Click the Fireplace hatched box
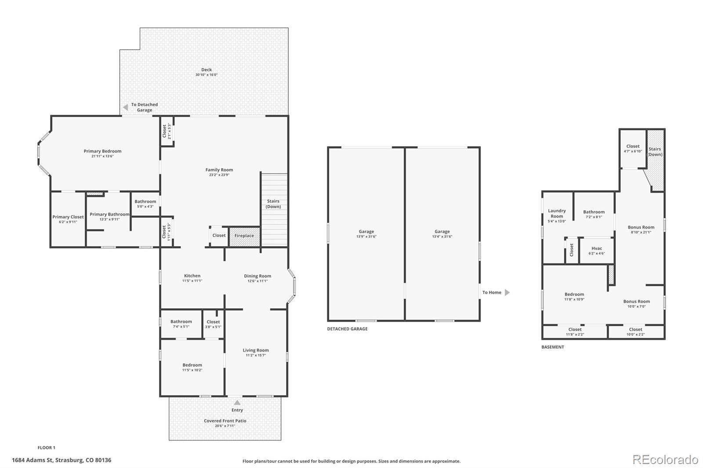(x=244, y=237)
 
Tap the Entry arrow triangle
(x=237, y=403)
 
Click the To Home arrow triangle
(x=507, y=292)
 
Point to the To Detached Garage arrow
(x=126, y=107)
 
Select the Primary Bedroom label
(x=102, y=151)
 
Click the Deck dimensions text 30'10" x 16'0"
(x=207, y=75)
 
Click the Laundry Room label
(x=557, y=213)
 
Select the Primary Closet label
(x=68, y=217)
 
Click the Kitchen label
(x=192, y=276)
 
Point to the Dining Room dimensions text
(x=257, y=281)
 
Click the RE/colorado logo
(x=665, y=460)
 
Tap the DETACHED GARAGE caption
(x=347, y=329)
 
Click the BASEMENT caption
(x=553, y=347)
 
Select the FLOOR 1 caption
(x=47, y=448)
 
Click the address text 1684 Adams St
(x=33, y=460)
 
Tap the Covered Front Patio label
(x=225, y=421)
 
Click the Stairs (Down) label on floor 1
(x=273, y=204)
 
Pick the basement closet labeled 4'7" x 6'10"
(x=633, y=148)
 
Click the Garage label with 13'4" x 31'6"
(x=442, y=231)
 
